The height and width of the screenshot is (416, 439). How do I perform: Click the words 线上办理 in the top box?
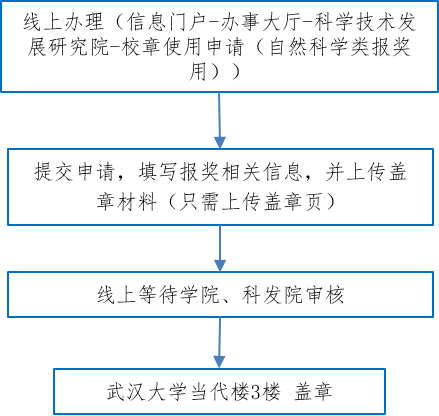tap(64, 22)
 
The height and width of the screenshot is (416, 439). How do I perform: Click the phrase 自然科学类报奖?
tap(340, 47)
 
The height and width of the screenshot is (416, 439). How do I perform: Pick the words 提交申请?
tap(75, 172)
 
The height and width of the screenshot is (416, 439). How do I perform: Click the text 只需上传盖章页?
tap(250, 201)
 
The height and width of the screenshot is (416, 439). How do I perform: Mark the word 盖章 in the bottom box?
tap(313, 391)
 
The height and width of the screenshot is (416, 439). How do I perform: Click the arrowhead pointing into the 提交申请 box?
tap(220, 143)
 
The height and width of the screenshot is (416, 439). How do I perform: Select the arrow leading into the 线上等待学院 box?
tap(220, 248)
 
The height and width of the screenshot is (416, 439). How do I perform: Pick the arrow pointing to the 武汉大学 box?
tap(219, 343)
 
